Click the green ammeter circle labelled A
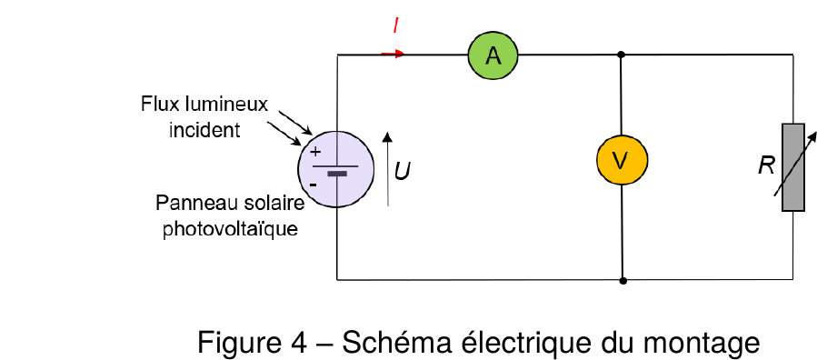493,55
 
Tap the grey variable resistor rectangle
793,167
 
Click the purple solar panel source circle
336,169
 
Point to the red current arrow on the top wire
394,54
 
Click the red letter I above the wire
396,25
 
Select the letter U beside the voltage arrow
401,171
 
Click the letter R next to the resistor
766,166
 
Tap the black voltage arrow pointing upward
387,169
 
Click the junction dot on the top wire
621,55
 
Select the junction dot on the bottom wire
623,281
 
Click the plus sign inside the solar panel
315,152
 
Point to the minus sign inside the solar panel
314,185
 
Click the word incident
204,130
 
